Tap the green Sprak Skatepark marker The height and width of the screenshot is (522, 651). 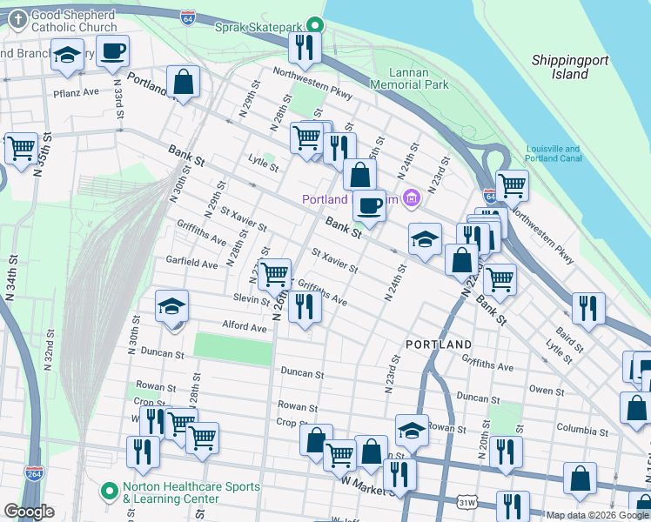click(319, 25)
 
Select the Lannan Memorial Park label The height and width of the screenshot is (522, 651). click(409, 78)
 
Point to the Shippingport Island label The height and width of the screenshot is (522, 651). click(570, 66)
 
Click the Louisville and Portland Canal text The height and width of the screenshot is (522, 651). click(553, 154)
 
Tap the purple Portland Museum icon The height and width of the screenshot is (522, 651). click(413, 199)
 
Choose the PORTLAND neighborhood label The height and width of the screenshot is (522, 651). click(439, 345)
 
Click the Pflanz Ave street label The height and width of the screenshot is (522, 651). click(76, 91)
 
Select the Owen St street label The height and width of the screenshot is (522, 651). click(547, 391)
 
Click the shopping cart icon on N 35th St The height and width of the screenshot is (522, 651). click(22, 147)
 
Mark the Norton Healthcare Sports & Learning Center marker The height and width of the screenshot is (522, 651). click(109, 492)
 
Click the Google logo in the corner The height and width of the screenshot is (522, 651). click(29, 512)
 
